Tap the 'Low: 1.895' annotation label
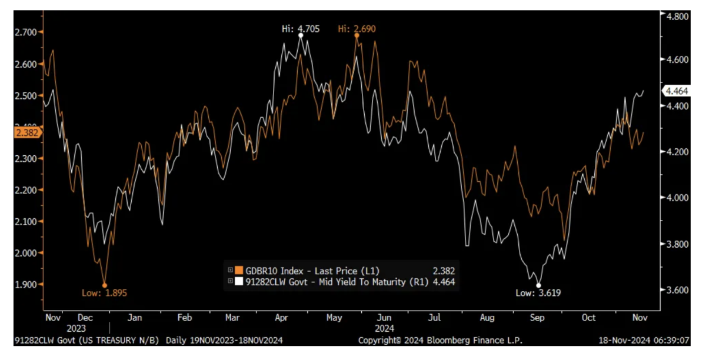point(105,292)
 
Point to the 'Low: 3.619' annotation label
point(535,292)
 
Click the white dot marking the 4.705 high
point(301,36)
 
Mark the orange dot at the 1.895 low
point(105,285)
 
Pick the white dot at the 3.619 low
point(538,285)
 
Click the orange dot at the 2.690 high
point(357,35)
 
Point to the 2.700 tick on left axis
point(25,32)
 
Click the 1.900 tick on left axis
point(25,284)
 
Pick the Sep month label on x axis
point(538,318)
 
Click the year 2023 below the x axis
point(76,328)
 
